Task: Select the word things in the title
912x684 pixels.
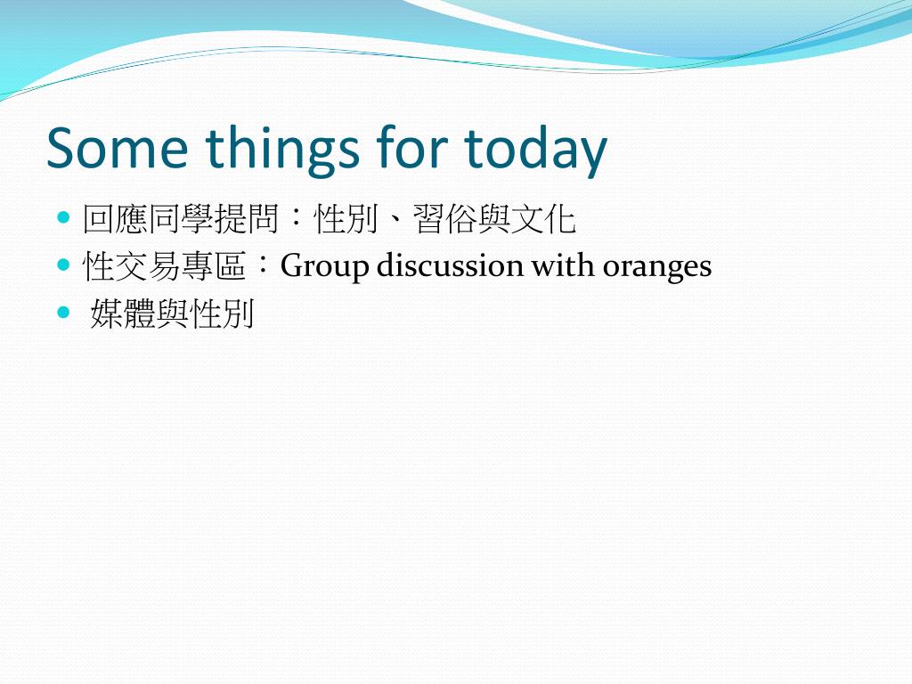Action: point(282,151)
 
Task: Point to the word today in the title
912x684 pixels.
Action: point(535,151)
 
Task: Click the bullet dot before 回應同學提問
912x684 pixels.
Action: point(63,218)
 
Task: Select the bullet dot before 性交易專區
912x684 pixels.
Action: point(63,265)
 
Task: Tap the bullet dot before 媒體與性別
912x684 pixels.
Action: point(63,313)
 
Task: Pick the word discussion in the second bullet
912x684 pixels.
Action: point(450,265)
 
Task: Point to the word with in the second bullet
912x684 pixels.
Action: point(564,265)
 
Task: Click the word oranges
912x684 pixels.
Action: point(657,268)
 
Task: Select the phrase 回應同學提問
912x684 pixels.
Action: point(181,219)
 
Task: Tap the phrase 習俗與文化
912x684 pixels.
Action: point(494,219)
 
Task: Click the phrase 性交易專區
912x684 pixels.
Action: point(165,265)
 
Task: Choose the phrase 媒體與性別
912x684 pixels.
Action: point(172,313)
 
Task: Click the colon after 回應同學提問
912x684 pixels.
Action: point(296,219)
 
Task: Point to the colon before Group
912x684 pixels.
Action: point(264,265)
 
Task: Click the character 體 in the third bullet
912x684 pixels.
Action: point(140,313)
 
